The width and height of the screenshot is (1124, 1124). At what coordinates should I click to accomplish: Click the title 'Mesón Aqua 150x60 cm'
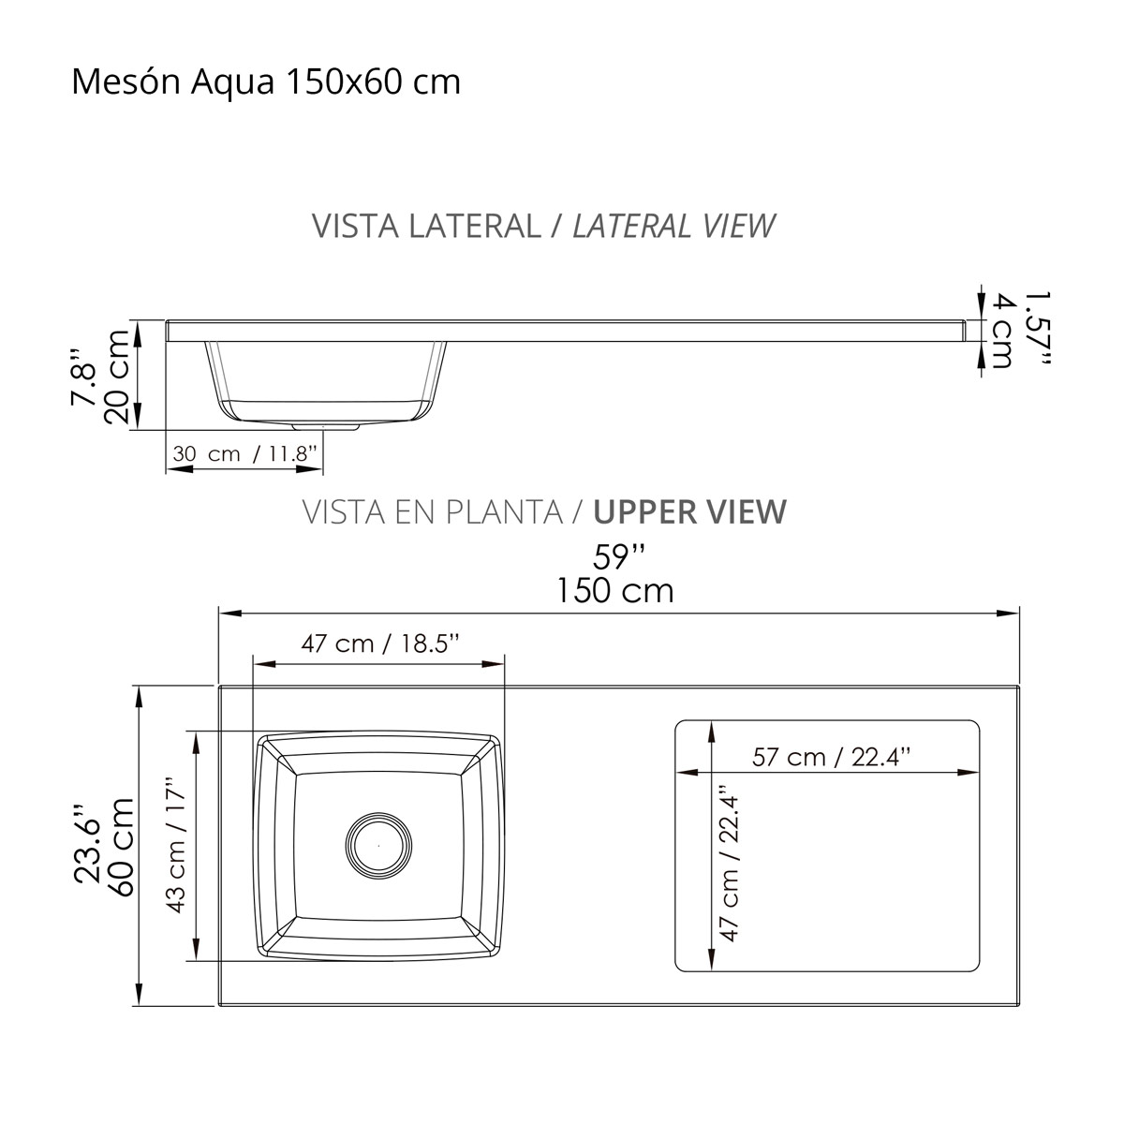[266, 82]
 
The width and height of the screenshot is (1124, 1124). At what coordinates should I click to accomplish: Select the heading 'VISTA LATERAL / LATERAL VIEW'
[543, 226]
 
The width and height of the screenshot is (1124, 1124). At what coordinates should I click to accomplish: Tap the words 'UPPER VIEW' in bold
[690, 511]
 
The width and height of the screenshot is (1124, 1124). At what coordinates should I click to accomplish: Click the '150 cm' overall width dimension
[614, 591]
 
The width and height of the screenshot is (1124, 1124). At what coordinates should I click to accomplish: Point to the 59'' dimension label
[619, 557]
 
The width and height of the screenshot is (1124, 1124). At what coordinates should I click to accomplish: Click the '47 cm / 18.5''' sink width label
[380, 643]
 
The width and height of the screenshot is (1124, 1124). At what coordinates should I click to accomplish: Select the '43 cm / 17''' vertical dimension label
[175, 845]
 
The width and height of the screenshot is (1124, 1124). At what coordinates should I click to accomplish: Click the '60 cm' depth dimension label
[121, 848]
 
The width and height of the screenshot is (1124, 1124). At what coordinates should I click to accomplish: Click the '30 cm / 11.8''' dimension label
[245, 453]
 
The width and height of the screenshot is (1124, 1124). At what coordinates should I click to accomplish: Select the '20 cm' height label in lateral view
[118, 377]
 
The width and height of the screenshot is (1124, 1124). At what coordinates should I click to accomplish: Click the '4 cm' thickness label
[1002, 331]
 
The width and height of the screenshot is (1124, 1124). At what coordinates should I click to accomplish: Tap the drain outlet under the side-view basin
[325, 426]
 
